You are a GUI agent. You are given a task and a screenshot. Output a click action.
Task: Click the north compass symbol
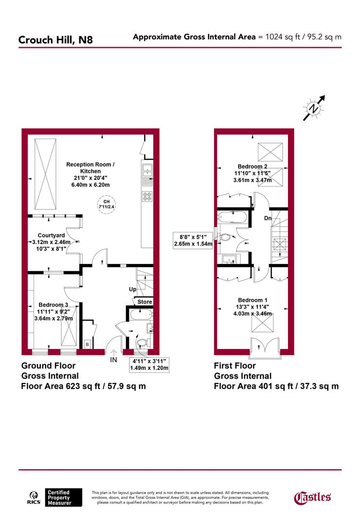pos(314,108)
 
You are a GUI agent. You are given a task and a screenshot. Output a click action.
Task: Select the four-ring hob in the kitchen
pos(146,196)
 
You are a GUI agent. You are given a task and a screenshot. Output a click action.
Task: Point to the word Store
pos(144,302)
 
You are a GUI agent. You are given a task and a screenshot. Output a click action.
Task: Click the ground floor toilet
pos(142,343)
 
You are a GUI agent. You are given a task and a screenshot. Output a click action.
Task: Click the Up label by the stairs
pos(132,289)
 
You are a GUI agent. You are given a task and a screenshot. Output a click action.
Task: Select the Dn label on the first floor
pos(268,218)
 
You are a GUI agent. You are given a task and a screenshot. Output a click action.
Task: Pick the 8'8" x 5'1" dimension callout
pos(194,240)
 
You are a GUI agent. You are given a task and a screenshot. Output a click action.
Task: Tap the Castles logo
pos(313,496)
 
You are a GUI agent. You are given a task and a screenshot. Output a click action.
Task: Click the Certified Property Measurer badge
pos(59,497)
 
